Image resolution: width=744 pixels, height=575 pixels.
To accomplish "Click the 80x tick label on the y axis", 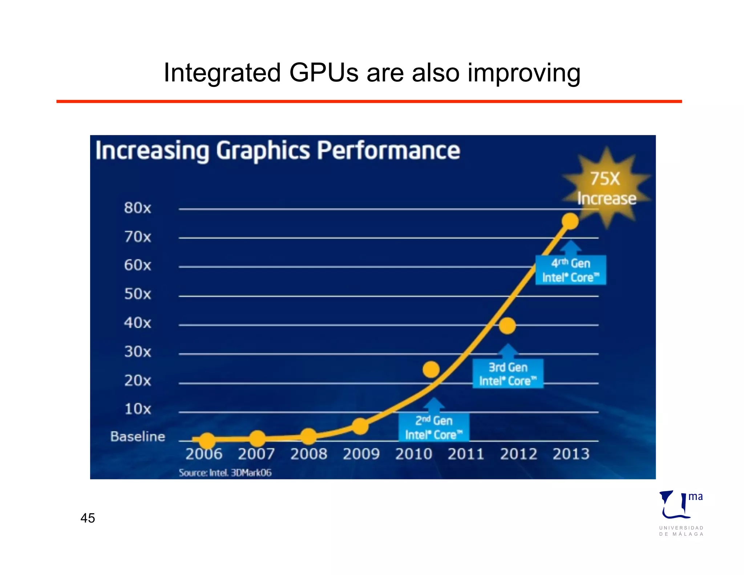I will [137, 208].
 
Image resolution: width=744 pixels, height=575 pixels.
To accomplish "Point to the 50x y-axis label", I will [137, 294].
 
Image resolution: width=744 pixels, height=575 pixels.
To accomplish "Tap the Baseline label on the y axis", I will [138, 436].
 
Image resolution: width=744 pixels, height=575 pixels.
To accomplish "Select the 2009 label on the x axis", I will [361, 454].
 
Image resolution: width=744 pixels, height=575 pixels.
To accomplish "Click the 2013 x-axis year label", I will [571, 454].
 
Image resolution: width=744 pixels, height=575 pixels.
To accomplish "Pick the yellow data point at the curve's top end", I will [570, 221].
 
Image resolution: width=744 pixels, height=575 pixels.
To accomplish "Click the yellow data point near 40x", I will [507, 325].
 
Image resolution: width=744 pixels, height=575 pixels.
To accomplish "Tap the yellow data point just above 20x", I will [431, 370].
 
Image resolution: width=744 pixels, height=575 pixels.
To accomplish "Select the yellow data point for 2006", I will [207, 441].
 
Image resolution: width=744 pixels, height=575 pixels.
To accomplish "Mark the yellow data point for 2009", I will [360, 426].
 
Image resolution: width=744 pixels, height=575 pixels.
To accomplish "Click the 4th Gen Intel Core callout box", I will [570, 270].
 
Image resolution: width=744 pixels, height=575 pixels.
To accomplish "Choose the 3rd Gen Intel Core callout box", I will [508, 374].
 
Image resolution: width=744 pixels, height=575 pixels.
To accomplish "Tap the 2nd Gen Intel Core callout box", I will [434, 427].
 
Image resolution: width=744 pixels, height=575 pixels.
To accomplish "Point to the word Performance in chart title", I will [388, 150].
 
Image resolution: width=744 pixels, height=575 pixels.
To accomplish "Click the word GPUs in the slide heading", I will [324, 73].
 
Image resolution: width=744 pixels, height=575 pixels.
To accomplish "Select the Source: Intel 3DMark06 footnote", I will [225, 473].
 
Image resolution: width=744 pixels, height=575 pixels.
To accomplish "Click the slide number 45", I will [88, 518].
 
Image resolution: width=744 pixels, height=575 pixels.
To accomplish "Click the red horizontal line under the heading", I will [369, 101].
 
